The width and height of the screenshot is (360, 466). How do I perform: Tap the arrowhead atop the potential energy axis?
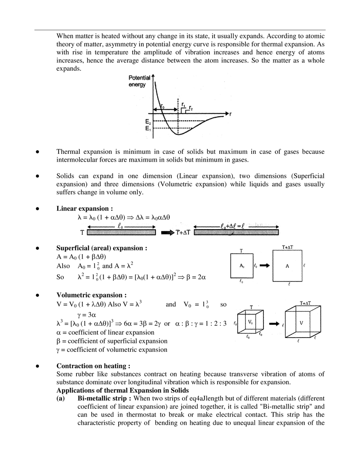point(153,75)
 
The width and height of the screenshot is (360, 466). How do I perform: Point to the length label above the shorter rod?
point(119,225)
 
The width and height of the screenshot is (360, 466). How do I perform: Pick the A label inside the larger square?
point(288,266)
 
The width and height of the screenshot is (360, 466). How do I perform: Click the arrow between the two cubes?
point(274,323)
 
